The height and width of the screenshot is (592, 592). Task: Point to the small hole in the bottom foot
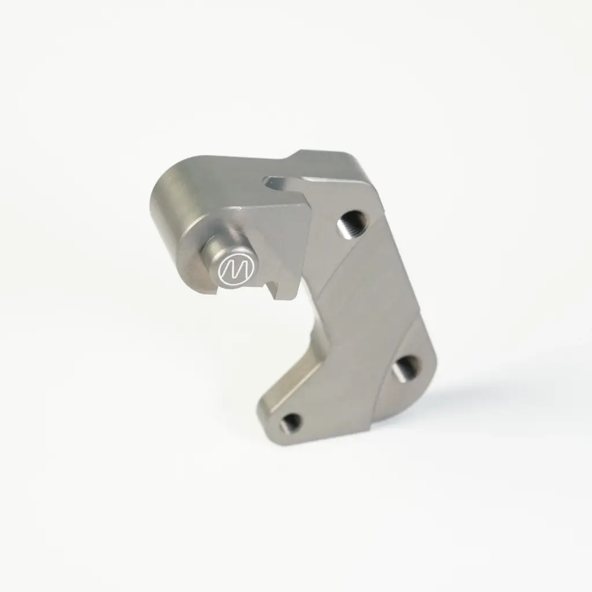pos(291,423)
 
